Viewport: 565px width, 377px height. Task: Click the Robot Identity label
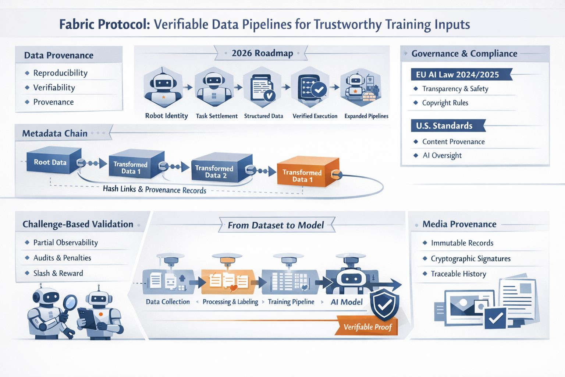pos(166,116)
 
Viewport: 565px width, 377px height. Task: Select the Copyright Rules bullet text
pos(445,103)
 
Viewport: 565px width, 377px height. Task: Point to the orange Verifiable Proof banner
pos(367,327)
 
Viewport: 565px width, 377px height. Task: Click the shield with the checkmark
pos(384,304)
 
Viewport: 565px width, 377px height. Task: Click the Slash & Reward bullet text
pos(58,273)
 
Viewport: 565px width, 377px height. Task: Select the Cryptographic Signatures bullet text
pos(470,258)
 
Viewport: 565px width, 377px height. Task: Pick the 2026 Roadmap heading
pos(262,53)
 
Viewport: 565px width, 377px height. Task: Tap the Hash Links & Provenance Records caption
pos(154,189)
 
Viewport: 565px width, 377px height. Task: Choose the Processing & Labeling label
pos(230,302)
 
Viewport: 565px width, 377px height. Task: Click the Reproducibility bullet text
pos(60,73)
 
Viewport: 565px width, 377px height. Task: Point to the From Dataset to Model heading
pos(276,225)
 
